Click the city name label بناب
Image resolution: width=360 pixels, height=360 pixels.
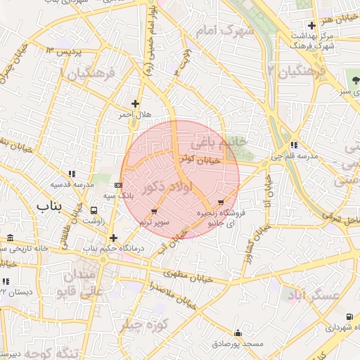coord(49,207)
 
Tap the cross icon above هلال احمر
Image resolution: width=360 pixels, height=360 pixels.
coord(135,104)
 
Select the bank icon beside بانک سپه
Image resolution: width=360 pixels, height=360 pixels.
coord(119,184)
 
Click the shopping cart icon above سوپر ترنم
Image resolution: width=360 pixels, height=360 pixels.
coord(154,212)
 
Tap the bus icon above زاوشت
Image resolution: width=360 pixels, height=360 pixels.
coord(94,210)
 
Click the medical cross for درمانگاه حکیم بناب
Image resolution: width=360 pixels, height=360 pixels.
coord(113,238)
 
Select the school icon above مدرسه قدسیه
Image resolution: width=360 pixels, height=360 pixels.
coord(72,174)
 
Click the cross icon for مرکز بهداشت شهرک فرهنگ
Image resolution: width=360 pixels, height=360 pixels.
coord(311,26)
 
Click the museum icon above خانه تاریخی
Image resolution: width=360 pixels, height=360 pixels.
coord(9,238)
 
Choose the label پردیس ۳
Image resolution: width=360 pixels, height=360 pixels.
coord(65,51)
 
